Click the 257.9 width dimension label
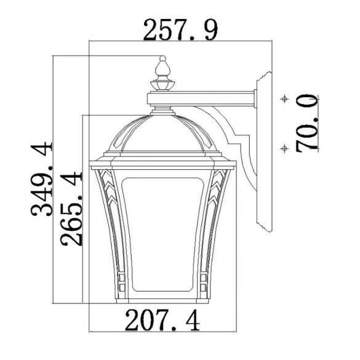(x=180, y=30)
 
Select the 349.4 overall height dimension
(x=42, y=179)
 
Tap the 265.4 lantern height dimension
(x=71, y=209)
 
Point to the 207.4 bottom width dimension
(x=162, y=320)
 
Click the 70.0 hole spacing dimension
(x=307, y=123)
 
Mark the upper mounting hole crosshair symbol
(x=285, y=99)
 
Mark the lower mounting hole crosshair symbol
(x=284, y=148)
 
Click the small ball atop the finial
(x=162, y=58)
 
